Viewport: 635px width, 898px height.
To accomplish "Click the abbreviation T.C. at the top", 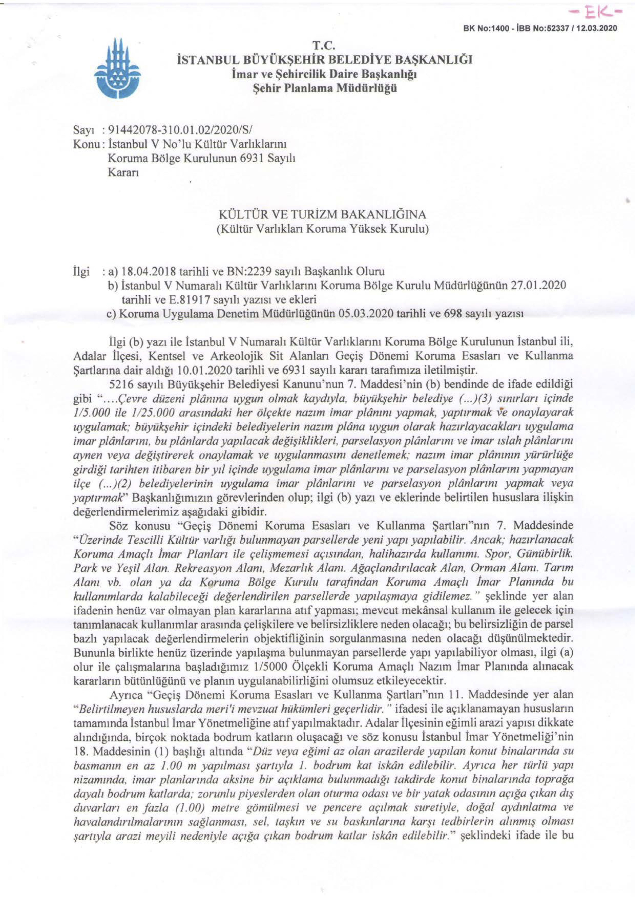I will pyautogui.click(x=323, y=46).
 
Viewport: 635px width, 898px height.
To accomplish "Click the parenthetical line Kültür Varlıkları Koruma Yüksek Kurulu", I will pyautogui.click(x=322, y=229).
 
